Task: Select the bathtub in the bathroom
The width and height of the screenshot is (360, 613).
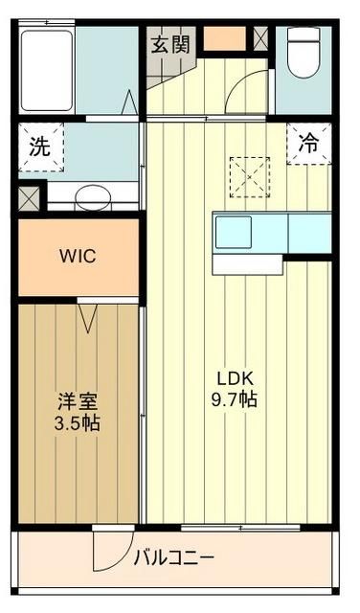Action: [46, 70]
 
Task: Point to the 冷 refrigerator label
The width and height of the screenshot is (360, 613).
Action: [308, 145]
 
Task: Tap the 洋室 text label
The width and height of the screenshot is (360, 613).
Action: [77, 401]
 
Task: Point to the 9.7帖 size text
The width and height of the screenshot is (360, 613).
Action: [236, 400]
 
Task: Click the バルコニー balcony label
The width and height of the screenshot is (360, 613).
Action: [173, 556]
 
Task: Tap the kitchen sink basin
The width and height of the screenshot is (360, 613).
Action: [234, 232]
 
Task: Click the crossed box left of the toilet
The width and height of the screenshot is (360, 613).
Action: [261, 38]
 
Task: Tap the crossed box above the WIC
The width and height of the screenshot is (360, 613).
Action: [29, 199]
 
